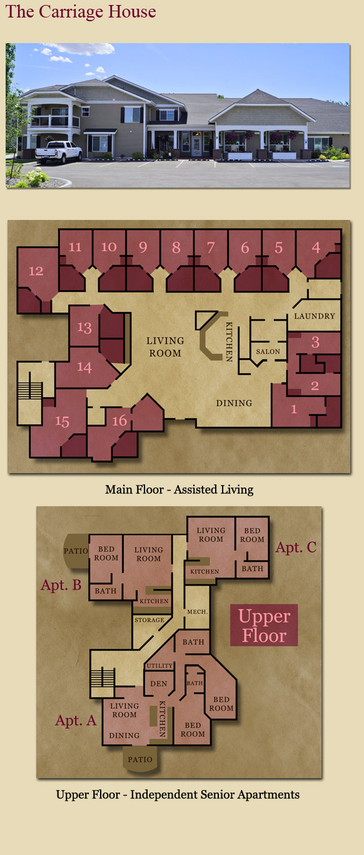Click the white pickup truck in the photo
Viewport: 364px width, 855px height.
coord(58,151)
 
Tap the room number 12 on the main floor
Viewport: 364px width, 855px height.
coord(36,271)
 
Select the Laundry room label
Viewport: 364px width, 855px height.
coord(315,316)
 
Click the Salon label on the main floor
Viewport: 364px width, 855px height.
coord(268,351)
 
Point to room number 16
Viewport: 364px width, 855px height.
coord(119,421)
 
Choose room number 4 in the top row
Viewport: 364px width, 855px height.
coord(316,247)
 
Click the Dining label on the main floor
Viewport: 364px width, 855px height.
coord(234,403)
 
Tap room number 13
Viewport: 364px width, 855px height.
coord(84,327)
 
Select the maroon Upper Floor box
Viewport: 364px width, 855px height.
coord(264,625)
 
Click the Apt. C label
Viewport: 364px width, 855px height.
coord(296,547)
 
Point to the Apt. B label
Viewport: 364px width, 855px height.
coord(61,585)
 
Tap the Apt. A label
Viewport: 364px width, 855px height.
coord(76,720)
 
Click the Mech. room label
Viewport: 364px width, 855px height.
coord(197,612)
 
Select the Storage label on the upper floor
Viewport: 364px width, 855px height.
coord(149,620)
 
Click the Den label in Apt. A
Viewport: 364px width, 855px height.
coord(158,684)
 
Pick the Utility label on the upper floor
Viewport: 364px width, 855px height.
coord(159,666)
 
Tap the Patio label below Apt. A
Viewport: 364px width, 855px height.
coord(140,759)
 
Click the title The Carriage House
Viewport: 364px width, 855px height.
coord(81,11)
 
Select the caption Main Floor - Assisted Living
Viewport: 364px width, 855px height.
coord(179,489)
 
